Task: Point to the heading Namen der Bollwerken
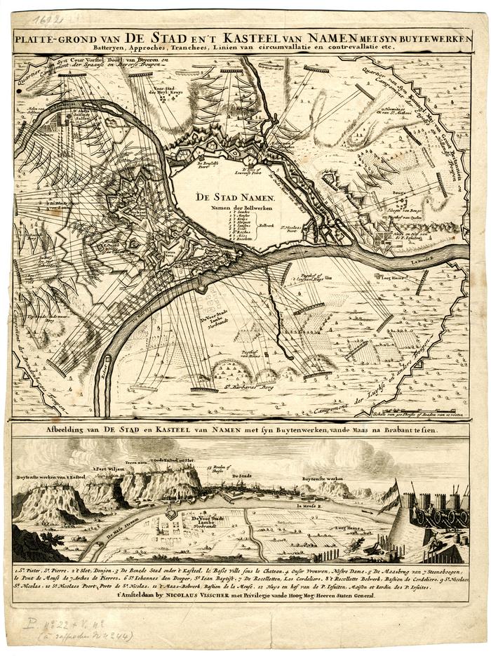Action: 241,208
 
